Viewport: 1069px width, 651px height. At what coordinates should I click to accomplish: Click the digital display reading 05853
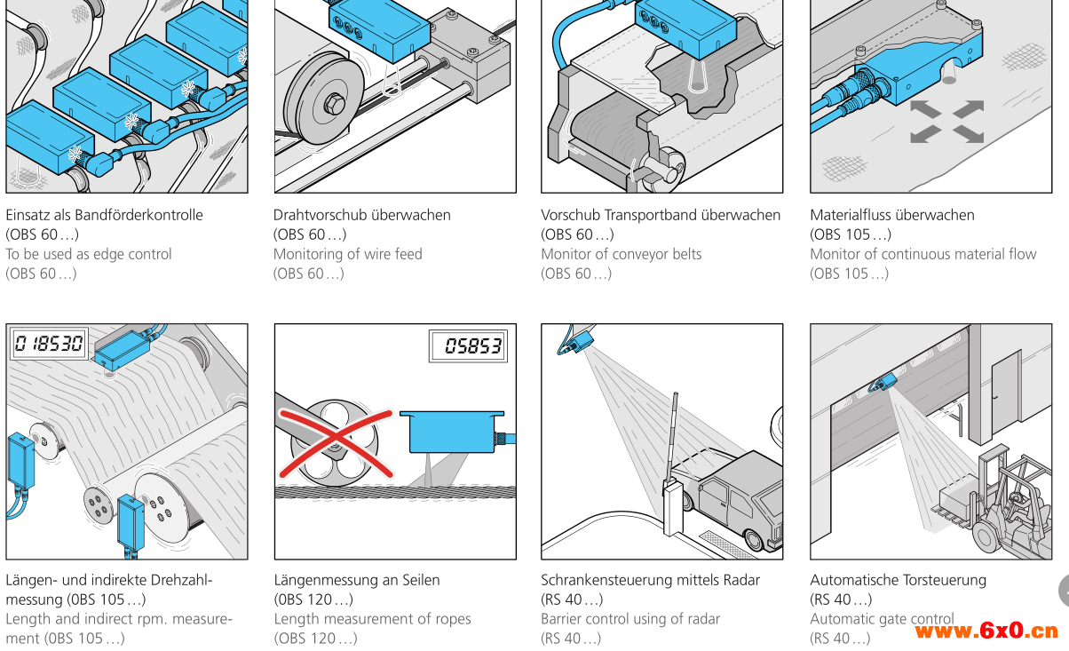pos(467,346)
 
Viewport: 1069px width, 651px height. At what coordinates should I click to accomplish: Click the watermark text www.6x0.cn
pos(986,631)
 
